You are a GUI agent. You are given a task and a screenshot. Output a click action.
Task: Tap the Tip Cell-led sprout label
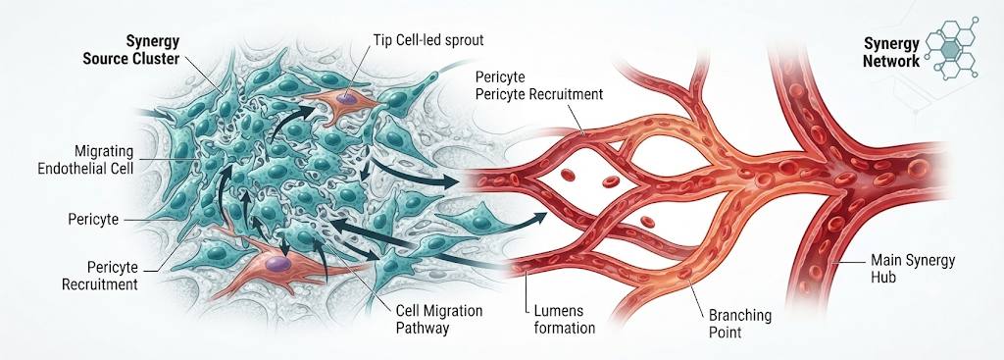point(428,40)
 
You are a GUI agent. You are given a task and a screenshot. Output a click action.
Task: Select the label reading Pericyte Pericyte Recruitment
point(538,86)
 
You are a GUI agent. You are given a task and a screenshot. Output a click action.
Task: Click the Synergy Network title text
point(890,53)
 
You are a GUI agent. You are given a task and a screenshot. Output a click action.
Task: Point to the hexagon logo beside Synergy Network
point(951,48)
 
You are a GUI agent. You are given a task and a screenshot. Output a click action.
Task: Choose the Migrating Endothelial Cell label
point(86,161)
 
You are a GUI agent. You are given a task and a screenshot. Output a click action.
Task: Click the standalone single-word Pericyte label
point(93,220)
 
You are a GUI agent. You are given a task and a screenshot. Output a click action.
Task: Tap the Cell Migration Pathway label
point(439,320)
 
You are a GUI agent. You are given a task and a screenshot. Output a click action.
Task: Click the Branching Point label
point(740,324)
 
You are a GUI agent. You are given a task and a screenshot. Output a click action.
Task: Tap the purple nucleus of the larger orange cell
point(277,263)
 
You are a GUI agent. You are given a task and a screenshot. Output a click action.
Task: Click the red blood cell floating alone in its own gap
point(647,223)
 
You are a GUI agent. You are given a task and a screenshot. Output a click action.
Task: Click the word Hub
point(883,278)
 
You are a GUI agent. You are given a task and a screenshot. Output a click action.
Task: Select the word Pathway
point(423,328)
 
